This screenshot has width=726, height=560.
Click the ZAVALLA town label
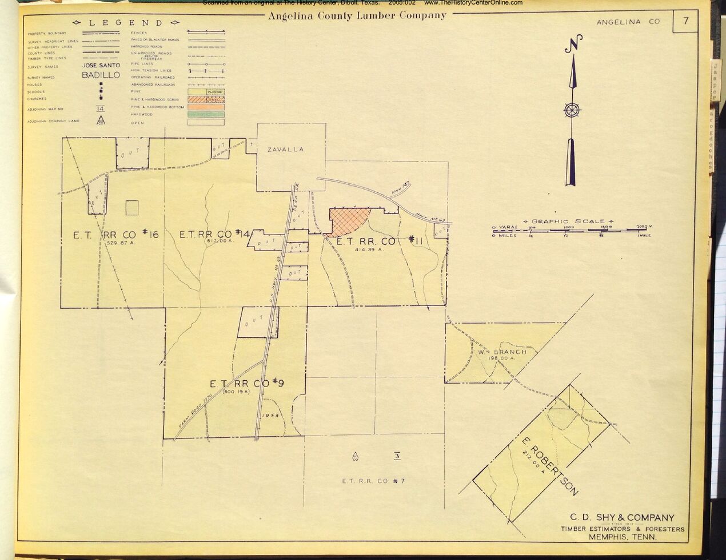pos(286,150)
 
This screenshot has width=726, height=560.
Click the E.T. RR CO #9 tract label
pos(247,384)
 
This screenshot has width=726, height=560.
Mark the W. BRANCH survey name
pos(502,352)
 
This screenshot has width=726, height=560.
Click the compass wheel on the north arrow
pos(572,110)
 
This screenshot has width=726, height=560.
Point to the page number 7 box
pos(685,21)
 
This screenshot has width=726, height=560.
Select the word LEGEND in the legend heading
pos(126,23)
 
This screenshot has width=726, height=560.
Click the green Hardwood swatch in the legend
pos(206,114)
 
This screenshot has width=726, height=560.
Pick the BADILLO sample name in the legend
pos(101,75)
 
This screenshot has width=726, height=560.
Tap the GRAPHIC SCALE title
pos(568,221)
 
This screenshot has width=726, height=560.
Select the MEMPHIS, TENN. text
pos(623,537)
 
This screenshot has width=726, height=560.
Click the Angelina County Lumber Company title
pos(357,15)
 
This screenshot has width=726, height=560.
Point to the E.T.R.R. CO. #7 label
pos(373,481)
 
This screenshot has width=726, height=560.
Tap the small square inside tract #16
pos(132,207)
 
